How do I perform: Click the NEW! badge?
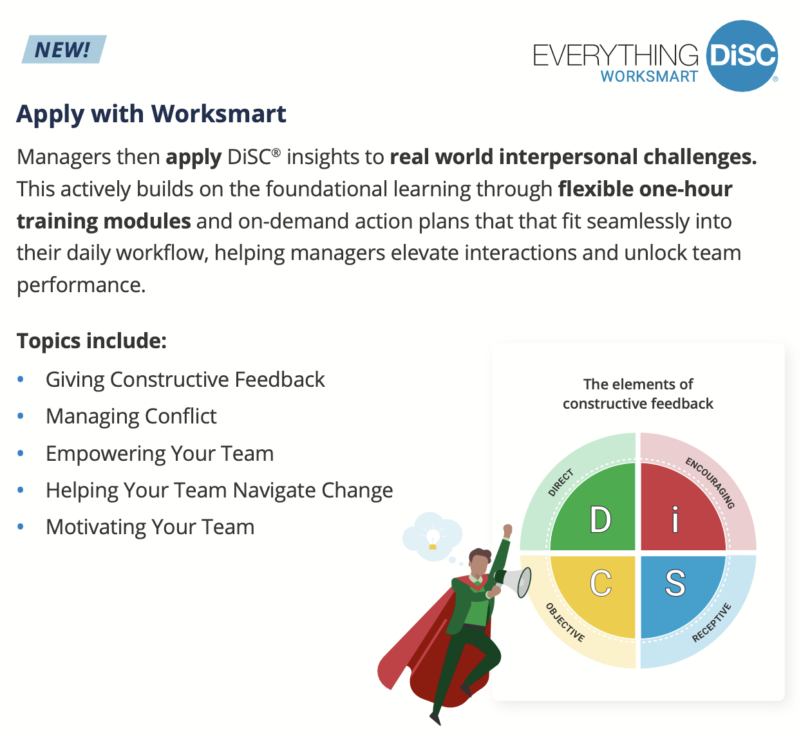[x=64, y=49]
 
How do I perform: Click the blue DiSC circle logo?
[x=742, y=56]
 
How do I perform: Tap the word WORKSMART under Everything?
[x=649, y=76]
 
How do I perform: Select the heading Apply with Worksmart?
[x=151, y=115]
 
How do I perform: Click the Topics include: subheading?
[x=91, y=341]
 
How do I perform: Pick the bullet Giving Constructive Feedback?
[x=185, y=379]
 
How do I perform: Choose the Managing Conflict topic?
[x=131, y=416]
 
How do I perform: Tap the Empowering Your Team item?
[x=160, y=454]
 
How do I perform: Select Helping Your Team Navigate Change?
[x=219, y=490]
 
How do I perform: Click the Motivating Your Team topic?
[x=150, y=527]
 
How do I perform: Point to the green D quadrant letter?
[x=600, y=519]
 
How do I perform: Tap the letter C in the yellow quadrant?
[x=601, y=583]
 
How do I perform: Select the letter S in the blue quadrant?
[x=675, y=583]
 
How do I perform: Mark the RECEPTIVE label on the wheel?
[x=711, y=622]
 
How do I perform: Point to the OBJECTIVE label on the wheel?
[x=565, y=622]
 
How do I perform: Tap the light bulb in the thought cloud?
[x=433, y=538]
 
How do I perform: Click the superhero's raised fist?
[x=507, y=530]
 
